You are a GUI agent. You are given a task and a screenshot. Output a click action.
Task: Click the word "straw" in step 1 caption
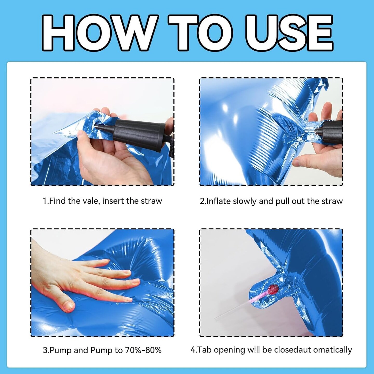[151, 201]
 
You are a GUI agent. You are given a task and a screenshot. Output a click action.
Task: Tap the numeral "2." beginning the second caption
[203, 201]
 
